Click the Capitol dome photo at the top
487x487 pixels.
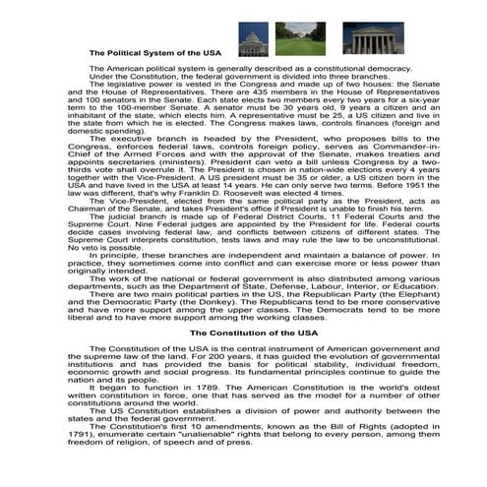point(254,38)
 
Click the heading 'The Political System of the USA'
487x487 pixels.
point(155,53)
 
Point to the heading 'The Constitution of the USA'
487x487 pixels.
point(244,334)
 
